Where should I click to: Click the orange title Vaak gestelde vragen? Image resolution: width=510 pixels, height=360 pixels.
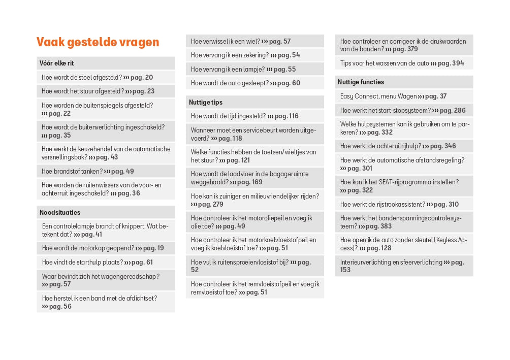[x=98, y=42]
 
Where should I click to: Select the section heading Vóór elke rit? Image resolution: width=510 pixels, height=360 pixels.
[x=56, y=63]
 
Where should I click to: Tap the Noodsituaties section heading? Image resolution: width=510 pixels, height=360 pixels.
[x=60, y=212]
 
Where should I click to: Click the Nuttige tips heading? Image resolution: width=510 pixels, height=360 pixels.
[x=205, y=102]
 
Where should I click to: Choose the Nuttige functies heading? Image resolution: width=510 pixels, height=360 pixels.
[x=361, y=82]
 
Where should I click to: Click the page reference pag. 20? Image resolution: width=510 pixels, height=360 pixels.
[x=142, y=78]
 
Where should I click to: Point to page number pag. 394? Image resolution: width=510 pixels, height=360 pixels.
[x=451, y=63]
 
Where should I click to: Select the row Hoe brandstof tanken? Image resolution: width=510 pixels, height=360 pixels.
[x=87, y=171]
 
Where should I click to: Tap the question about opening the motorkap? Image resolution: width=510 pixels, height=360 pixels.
[x=103, y=248]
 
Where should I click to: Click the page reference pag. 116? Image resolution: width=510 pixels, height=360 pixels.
[x=286, y=116]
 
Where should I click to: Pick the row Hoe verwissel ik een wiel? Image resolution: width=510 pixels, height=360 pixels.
[x=240, y=42]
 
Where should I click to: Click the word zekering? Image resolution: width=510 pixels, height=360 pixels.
[x=257, y=55]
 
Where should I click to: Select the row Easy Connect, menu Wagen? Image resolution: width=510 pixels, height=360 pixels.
[x=393, y=96]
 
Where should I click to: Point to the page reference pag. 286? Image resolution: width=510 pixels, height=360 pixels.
[x=452, y=110]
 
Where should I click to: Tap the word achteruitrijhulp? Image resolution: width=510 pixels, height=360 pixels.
[x=399, y=146]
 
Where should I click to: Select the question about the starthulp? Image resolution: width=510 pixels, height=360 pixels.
[x=97, y=263]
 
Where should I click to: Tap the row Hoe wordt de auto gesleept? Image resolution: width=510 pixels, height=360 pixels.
[x=245, y=83]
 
